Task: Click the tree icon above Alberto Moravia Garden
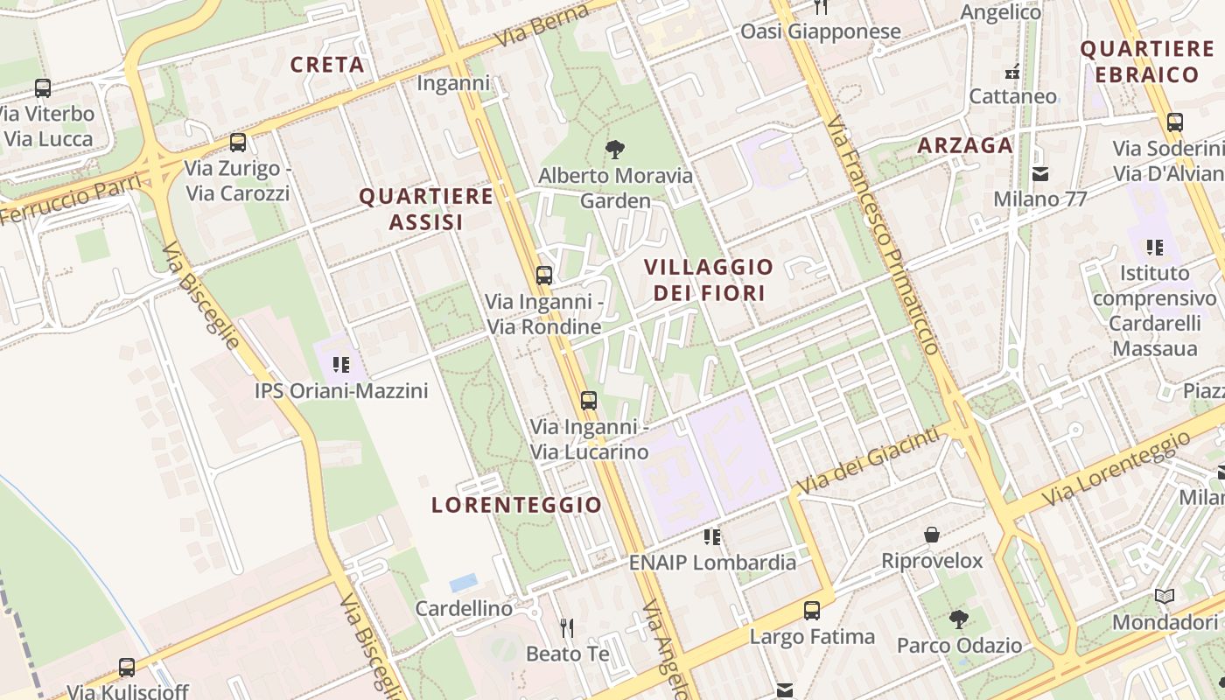tap(615, 149)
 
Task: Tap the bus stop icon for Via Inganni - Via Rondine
tap(544, 276)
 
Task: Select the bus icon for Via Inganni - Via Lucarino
tap(589, 401)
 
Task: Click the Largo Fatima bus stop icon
tap(812, 611)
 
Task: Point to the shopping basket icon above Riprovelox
tap(933, 535)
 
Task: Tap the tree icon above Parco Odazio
tap(959, 619)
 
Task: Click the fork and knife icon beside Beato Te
tap(567, 627)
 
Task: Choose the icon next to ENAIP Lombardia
tap(712, 536)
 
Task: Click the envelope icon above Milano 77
tap(1040, 173)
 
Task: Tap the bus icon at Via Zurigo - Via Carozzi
tap(238, 142)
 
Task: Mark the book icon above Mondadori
tap(1165, 597)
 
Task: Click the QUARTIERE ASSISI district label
tap(426, 208)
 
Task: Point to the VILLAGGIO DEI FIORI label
tap(709, 279)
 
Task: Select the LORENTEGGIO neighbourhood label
tap(517, 505)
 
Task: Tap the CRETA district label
tap(327, 65)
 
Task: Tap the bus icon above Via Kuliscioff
tap(127, 668)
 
